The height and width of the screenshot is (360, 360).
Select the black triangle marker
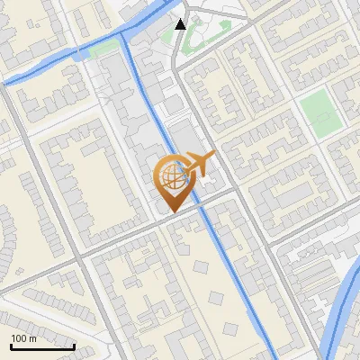coord(181,24)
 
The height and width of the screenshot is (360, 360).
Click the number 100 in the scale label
coord(19,338)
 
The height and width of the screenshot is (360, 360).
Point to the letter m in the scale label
coord(33,338)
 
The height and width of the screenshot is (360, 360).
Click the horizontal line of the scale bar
coord(42,346)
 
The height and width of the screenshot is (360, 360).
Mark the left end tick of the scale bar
coord(10,345)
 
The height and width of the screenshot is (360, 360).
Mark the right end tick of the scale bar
coord(75,345)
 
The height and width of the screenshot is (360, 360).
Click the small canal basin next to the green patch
coord(82,55)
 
